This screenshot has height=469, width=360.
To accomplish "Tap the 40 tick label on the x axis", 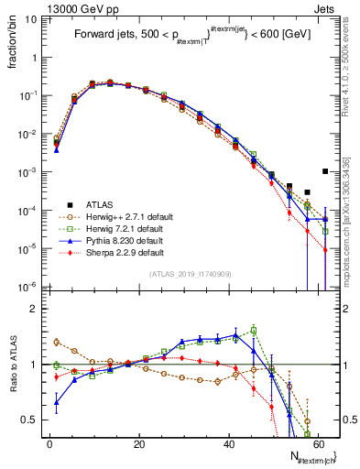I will click(229, 443).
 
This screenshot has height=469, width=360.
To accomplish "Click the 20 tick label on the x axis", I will click(139, 443).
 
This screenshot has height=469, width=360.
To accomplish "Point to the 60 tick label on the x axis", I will click(318, 443).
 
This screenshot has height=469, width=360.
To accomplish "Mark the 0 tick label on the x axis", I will click(49, 443).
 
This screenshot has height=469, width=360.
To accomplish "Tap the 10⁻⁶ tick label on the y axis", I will click(27, 287).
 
